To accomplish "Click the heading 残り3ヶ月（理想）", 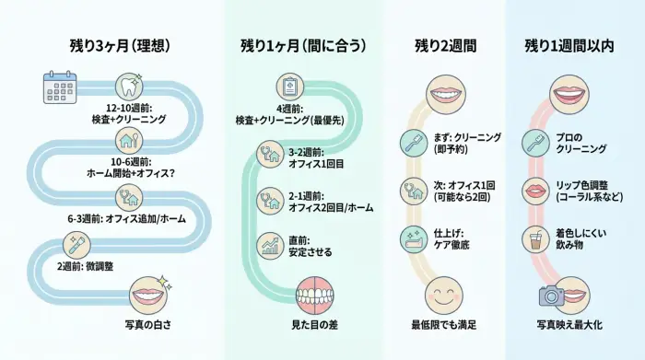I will (120, 45).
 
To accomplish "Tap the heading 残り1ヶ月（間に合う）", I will (303, 45).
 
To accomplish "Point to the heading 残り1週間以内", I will (569, 45).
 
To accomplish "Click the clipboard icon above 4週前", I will (289, 87).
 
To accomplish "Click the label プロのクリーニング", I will (580, 143).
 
